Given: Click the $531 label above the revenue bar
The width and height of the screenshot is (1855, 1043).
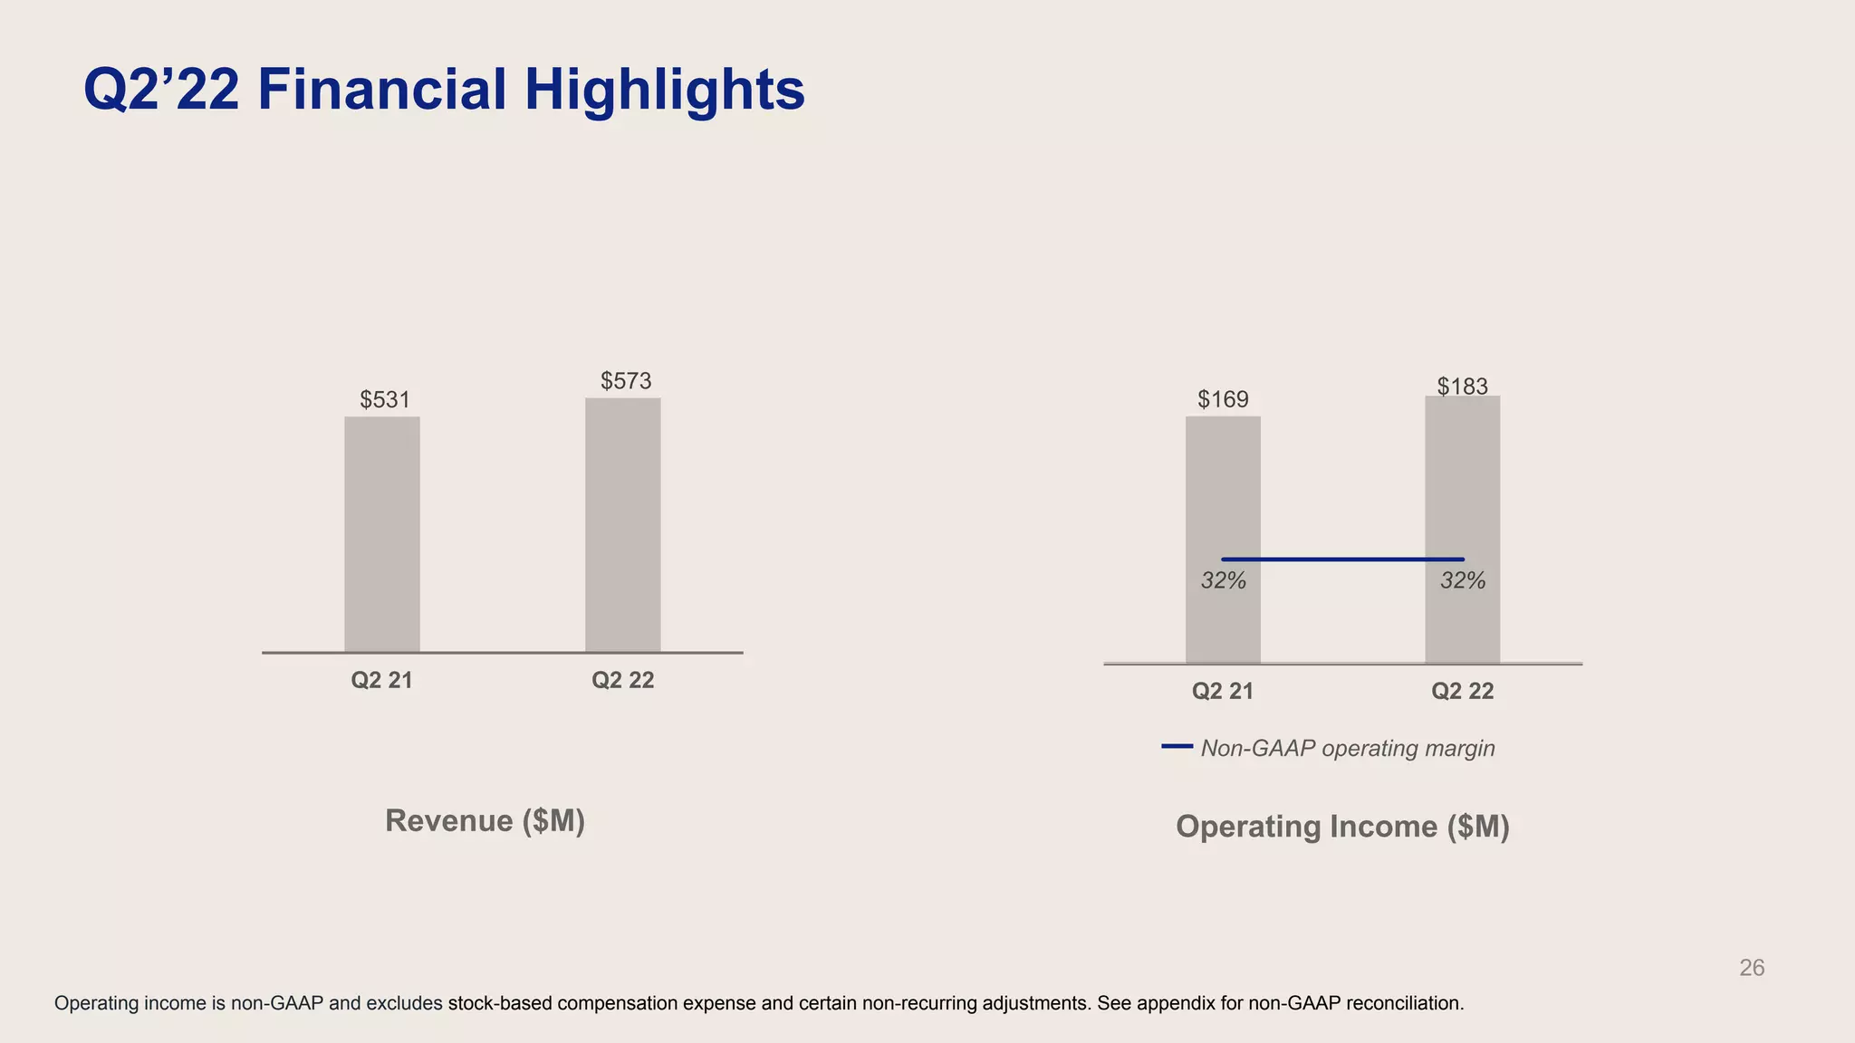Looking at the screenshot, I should pyautogui.click(x=385, y=400).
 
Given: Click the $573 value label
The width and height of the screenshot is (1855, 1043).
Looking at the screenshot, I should pyautogui.click(x=626, y=381).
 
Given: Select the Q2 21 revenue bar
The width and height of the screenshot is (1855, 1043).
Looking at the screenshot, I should pyautogui.click(x=381, y=534).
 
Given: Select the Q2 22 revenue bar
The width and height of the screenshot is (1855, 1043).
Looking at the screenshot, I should pyautogui.click(x=622, y=525).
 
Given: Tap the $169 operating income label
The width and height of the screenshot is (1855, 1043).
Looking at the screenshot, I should pyautogui.click(x=1223, y=399).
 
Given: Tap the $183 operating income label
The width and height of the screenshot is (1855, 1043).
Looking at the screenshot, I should pyautogui.click(x=1462, y=387).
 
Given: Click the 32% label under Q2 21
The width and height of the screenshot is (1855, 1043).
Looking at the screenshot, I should pyautogui.click(x=1223, y=581).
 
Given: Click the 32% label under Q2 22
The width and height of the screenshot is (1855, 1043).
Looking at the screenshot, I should pyautogui.click(x=1463, y=581).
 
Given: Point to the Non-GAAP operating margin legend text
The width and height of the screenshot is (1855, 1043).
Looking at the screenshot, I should pyautogui.click(x=1347, y=749).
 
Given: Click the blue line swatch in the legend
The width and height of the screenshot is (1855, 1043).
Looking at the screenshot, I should pyautogui.click(x=1177, y=746).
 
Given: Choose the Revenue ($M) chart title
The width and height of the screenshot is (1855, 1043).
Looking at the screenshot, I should pyautogui.click(x=485, y=821).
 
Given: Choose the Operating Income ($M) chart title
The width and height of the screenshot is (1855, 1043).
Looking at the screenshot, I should pyautogui.click(x=1342, y=827).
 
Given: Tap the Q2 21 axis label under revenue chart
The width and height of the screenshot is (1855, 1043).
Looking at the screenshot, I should pyautogui.click(x=381, y=681).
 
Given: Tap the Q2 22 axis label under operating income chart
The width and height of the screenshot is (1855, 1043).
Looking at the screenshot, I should pyautogui.click(x=1462, y=692).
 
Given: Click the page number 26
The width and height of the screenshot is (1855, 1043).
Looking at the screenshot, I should pyautogui.click(x=1752, y=968).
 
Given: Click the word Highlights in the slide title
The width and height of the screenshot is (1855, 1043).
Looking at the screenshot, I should pyautogui.click(x=664, y=91).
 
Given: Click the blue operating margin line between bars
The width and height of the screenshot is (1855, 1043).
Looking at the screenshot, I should pyautogui.click(x=1342, y=560).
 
